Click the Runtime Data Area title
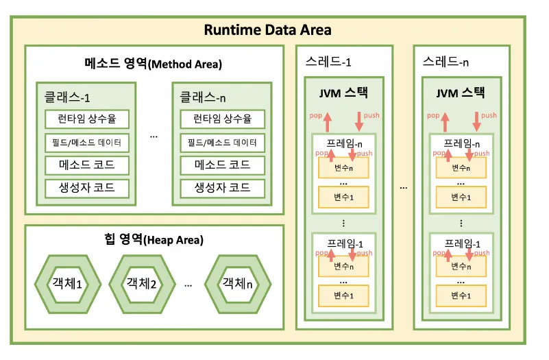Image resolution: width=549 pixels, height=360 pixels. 268,30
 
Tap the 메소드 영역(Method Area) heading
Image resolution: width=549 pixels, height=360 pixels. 154,64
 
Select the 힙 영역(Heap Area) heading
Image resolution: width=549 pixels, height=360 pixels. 154,240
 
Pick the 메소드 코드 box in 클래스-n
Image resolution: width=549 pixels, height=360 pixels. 221,165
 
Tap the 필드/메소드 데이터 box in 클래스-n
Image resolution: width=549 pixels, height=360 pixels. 221,143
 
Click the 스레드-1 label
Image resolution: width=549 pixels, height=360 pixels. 329,62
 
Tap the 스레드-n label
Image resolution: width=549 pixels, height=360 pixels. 447,62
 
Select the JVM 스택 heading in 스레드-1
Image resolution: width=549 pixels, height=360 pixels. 343,93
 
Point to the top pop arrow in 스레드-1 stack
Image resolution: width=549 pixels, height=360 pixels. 327,121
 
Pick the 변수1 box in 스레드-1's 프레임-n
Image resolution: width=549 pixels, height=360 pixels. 343,197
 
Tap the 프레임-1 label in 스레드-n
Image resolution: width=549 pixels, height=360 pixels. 461,243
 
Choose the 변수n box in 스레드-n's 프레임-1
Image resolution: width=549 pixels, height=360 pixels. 461,266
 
